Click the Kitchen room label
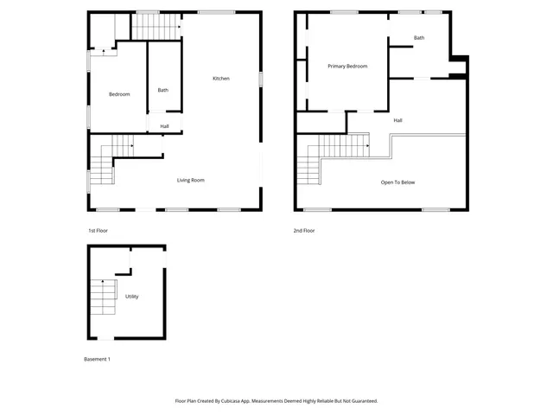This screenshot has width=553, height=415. (x=221, y=79)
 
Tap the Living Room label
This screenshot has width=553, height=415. (x=191, y=180)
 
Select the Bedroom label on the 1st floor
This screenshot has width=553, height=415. (x=119, y=94)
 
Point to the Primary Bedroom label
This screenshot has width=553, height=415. (x=347, y=66)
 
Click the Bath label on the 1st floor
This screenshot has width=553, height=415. (x=162, y=90)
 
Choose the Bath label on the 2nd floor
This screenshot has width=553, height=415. (x=419, y=37)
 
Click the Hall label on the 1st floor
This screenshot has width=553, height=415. (x=164, y=126)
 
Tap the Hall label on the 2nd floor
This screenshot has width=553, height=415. (x=397, y=120)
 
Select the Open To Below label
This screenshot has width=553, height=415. (x=398, y=182)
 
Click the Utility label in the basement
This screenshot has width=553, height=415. (x=132, y=297)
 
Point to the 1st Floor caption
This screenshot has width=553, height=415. (x=98, y=231)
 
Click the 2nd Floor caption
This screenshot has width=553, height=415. (x=305, y=231)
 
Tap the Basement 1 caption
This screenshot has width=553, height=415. (x=97, y=359)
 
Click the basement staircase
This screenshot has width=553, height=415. (x=103, y=298)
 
